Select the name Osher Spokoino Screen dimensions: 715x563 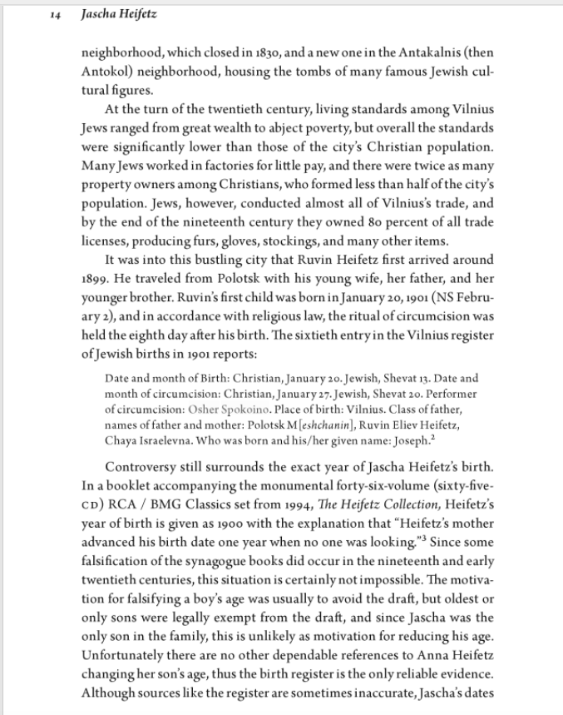click(233, 409)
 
